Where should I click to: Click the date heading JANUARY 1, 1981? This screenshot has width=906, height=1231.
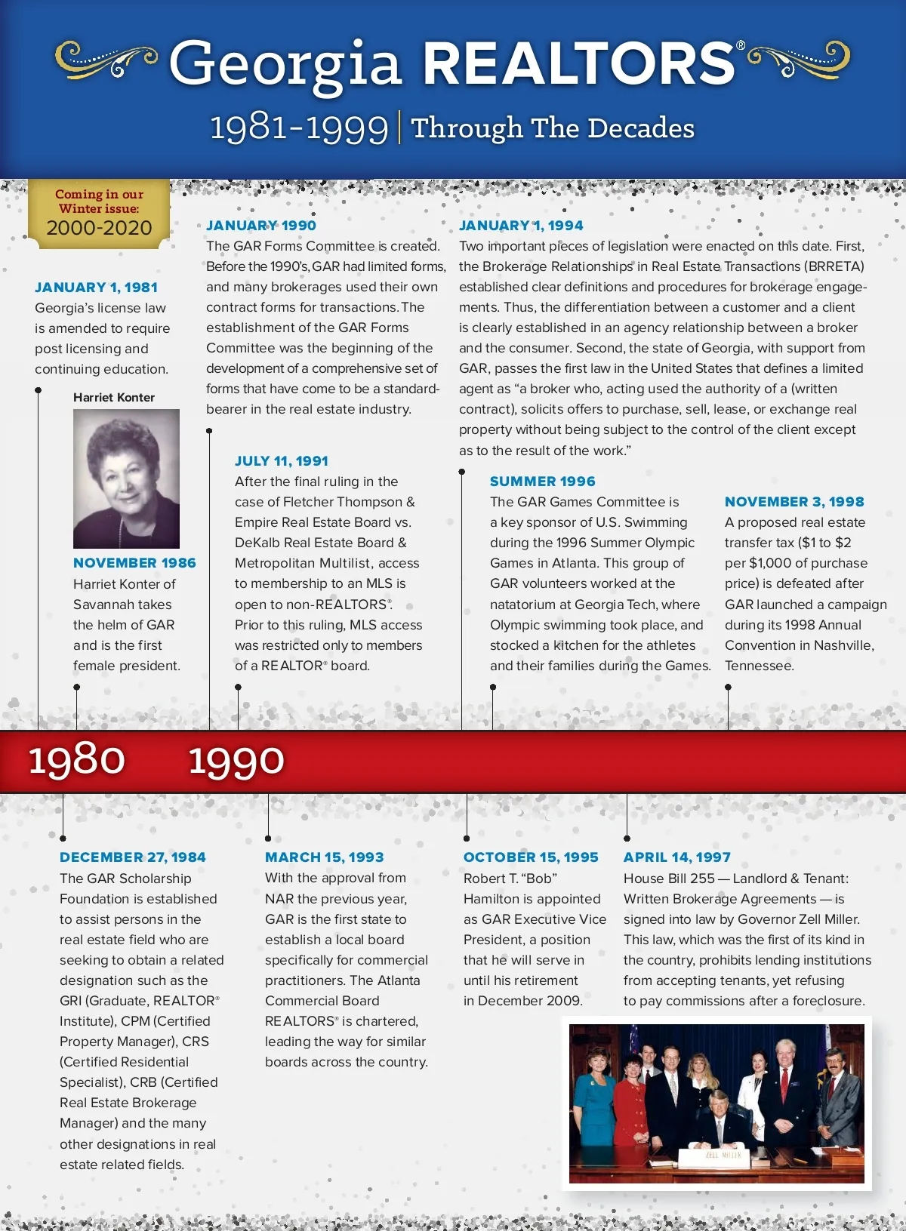coord(96,288)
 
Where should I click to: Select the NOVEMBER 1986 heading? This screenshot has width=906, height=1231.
coord(134,563)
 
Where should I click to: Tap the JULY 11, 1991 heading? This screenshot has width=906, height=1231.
coord(282,461)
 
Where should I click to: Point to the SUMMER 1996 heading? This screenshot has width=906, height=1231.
coord(542,482)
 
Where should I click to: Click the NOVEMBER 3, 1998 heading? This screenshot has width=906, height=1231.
coord(794,502)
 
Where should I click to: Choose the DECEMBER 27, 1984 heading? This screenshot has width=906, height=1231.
coord(133,857)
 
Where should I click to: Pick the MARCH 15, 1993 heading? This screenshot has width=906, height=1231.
coord(325,857)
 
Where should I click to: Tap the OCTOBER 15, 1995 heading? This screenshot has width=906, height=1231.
coord(531,857)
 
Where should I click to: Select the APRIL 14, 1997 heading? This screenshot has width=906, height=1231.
coord(677,857)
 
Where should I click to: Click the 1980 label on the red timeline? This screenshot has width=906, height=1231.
coord(77,760)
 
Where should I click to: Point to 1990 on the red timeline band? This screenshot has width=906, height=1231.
coord(236,760)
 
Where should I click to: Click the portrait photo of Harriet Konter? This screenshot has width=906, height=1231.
coord(126,479)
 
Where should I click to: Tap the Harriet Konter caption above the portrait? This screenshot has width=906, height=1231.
coord(114,398)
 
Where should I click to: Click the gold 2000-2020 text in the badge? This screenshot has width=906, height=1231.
coord(99,228)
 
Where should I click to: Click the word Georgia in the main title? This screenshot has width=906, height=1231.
coord(285,65)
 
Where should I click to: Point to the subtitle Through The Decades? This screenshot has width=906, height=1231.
coord(553,128)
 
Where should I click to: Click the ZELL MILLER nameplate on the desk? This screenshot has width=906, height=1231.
coord(723,1155)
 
